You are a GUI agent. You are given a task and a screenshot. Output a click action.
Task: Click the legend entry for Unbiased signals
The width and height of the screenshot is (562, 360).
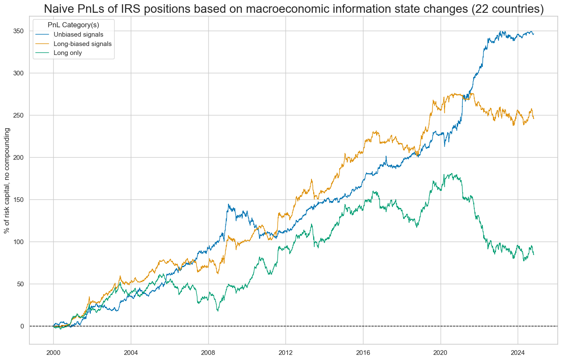click(x=81, y=35)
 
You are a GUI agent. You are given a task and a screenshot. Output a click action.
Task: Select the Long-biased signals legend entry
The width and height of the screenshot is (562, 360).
click(x=86, y=44)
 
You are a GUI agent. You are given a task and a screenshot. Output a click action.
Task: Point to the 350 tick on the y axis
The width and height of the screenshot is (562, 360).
click(x=18, y=31)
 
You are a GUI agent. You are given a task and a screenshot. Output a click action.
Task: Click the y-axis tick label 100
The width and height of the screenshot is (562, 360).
click(x=18, y=242)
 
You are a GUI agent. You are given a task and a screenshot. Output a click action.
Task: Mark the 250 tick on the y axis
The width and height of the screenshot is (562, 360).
click(x=18, y=115)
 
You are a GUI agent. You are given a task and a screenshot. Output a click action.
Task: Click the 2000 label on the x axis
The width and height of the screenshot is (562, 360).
click(x=53, y=353)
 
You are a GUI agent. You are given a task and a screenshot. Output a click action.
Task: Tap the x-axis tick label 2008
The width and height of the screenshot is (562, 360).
click(x=208, y=353)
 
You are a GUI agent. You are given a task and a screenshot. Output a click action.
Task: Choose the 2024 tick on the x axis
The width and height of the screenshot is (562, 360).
click(x=517, y=353)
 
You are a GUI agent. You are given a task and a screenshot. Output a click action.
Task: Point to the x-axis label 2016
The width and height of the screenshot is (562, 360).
click(x=363, y=353)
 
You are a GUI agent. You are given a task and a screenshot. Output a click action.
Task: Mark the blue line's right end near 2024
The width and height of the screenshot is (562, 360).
click(x=533, y=34)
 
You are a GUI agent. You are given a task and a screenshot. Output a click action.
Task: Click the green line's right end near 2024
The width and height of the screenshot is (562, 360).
click(x=533, y=254)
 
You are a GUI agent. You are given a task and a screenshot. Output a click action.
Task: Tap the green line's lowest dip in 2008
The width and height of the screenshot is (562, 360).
click(x=218, y=311)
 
